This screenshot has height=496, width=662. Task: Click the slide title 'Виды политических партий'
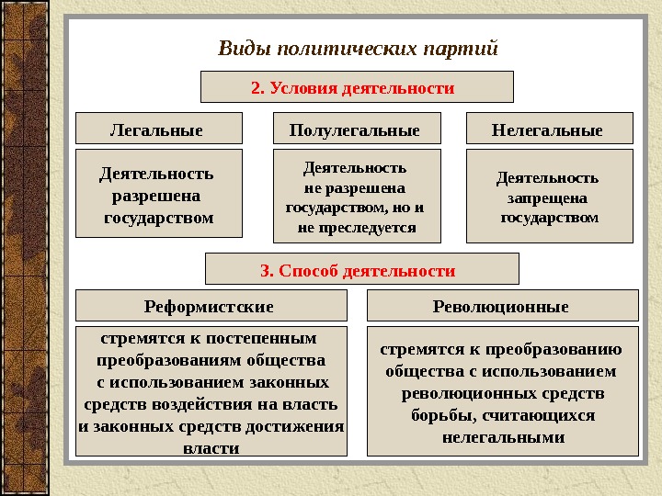pyautogui.click(x=358, y=47)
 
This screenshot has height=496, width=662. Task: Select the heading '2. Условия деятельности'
pyautogui.click(x=357, y=88)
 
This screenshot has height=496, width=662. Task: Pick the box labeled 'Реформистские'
pyautogui.click(x=210, y=306)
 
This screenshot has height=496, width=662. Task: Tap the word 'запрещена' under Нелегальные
pyautogui.click(x=547, y=197)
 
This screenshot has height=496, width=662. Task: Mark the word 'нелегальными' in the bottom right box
pyautogui.click(x=502, y=437)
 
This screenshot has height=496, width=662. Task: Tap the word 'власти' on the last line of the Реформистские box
pyautogui.click(x=211, y=448)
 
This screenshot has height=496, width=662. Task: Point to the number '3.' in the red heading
pyautogui.click(x=268, y=271)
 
